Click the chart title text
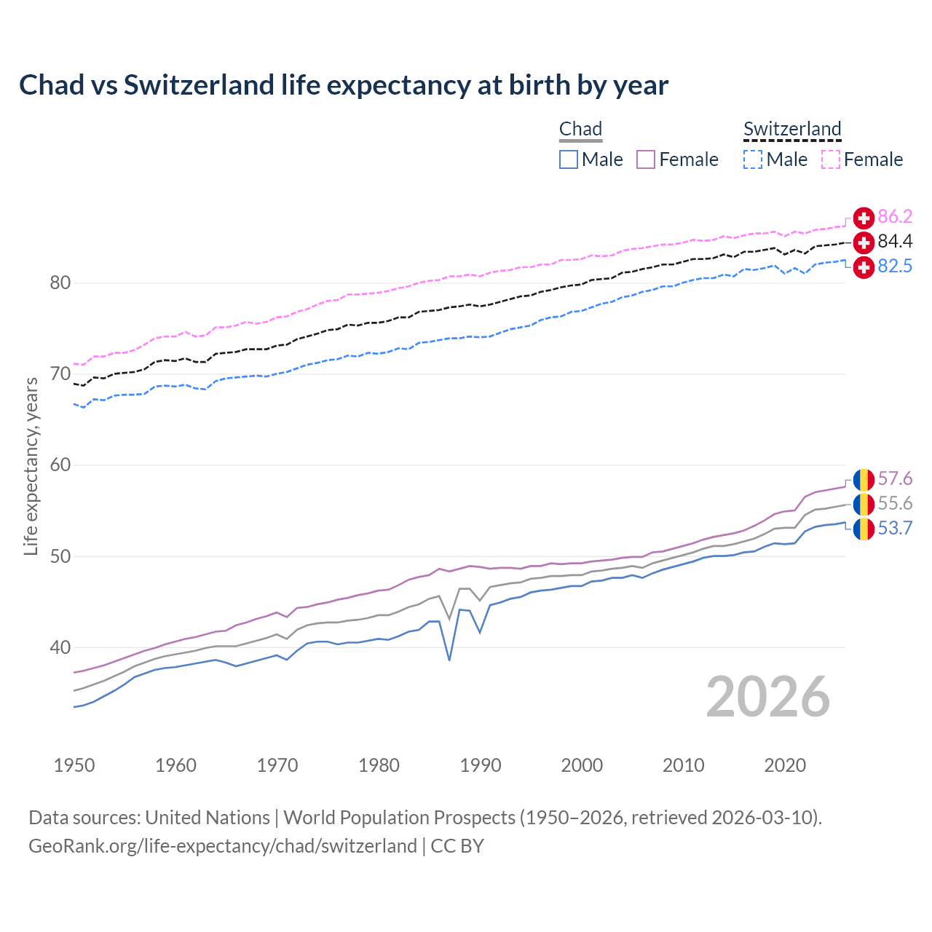pos(343,85)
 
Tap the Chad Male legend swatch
pos(569,159)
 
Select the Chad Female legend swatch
pos(646,159)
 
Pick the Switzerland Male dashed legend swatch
pos(753,159)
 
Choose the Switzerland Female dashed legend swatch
pos(831,159)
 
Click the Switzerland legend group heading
pos(792,129)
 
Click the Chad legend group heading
pos(580,129)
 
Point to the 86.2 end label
pos(895,216)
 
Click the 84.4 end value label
pos(895,241)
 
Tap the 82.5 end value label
pos(895,266)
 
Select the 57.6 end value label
pos(895,478)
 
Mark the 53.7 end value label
pos(895,528)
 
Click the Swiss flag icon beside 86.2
pos(864,218)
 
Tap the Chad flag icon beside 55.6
pos(864,504)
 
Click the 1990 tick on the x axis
pos(481,765)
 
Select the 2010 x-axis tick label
pos(683,765)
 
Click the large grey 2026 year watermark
pos(768,697)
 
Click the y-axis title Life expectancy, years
pos(31,466)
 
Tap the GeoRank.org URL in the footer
pos(222,846)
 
